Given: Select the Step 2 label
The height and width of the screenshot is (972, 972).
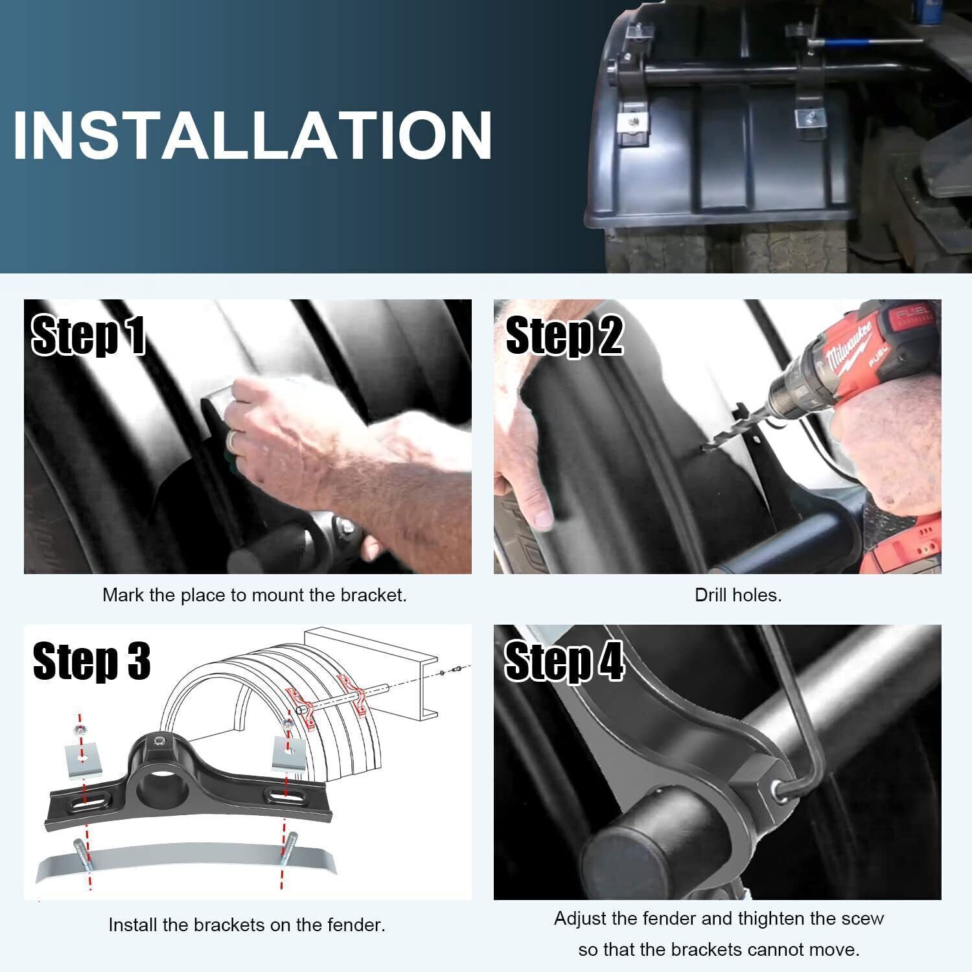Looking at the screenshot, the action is click(x=564, y=335).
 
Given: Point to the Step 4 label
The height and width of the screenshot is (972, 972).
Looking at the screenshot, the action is click(x=564, y=661).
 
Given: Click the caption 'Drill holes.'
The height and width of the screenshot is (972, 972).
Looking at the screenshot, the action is click(x=738, y=595).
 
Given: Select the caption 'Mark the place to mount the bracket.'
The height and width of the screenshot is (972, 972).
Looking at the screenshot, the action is click(x=255, y=595).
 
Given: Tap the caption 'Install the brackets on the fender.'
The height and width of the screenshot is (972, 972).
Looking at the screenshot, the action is click(x=247, y=925).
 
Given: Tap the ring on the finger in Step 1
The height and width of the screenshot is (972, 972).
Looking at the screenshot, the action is click(x=232, y=442).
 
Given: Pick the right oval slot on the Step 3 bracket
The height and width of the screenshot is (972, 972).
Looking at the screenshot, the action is click(x=283, y=794).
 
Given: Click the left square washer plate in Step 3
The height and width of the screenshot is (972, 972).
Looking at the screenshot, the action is click(x=82, y=759).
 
